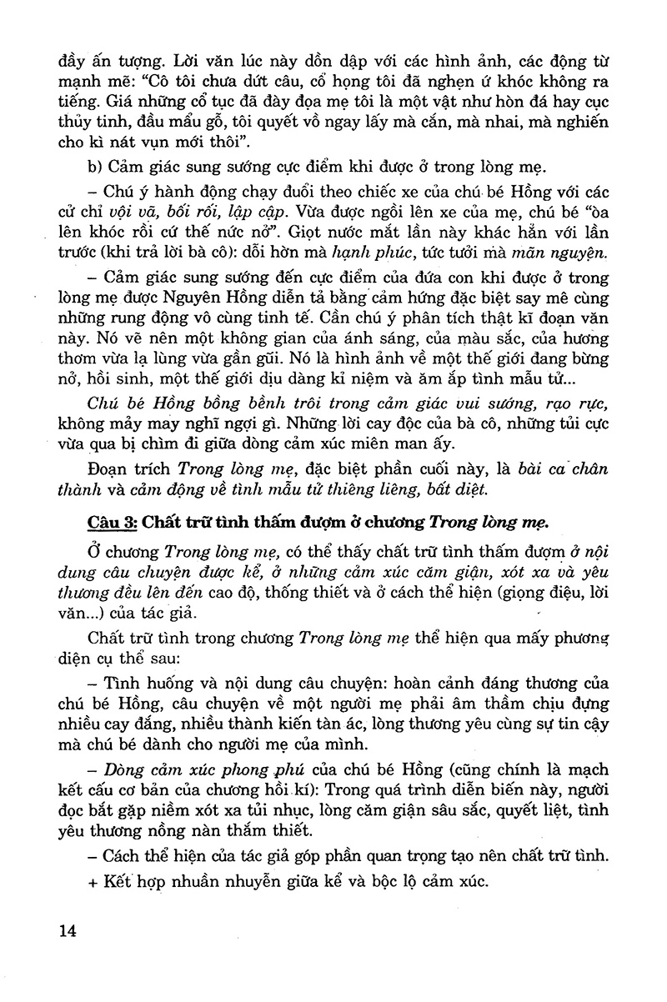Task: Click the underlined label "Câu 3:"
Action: (112, 524)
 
